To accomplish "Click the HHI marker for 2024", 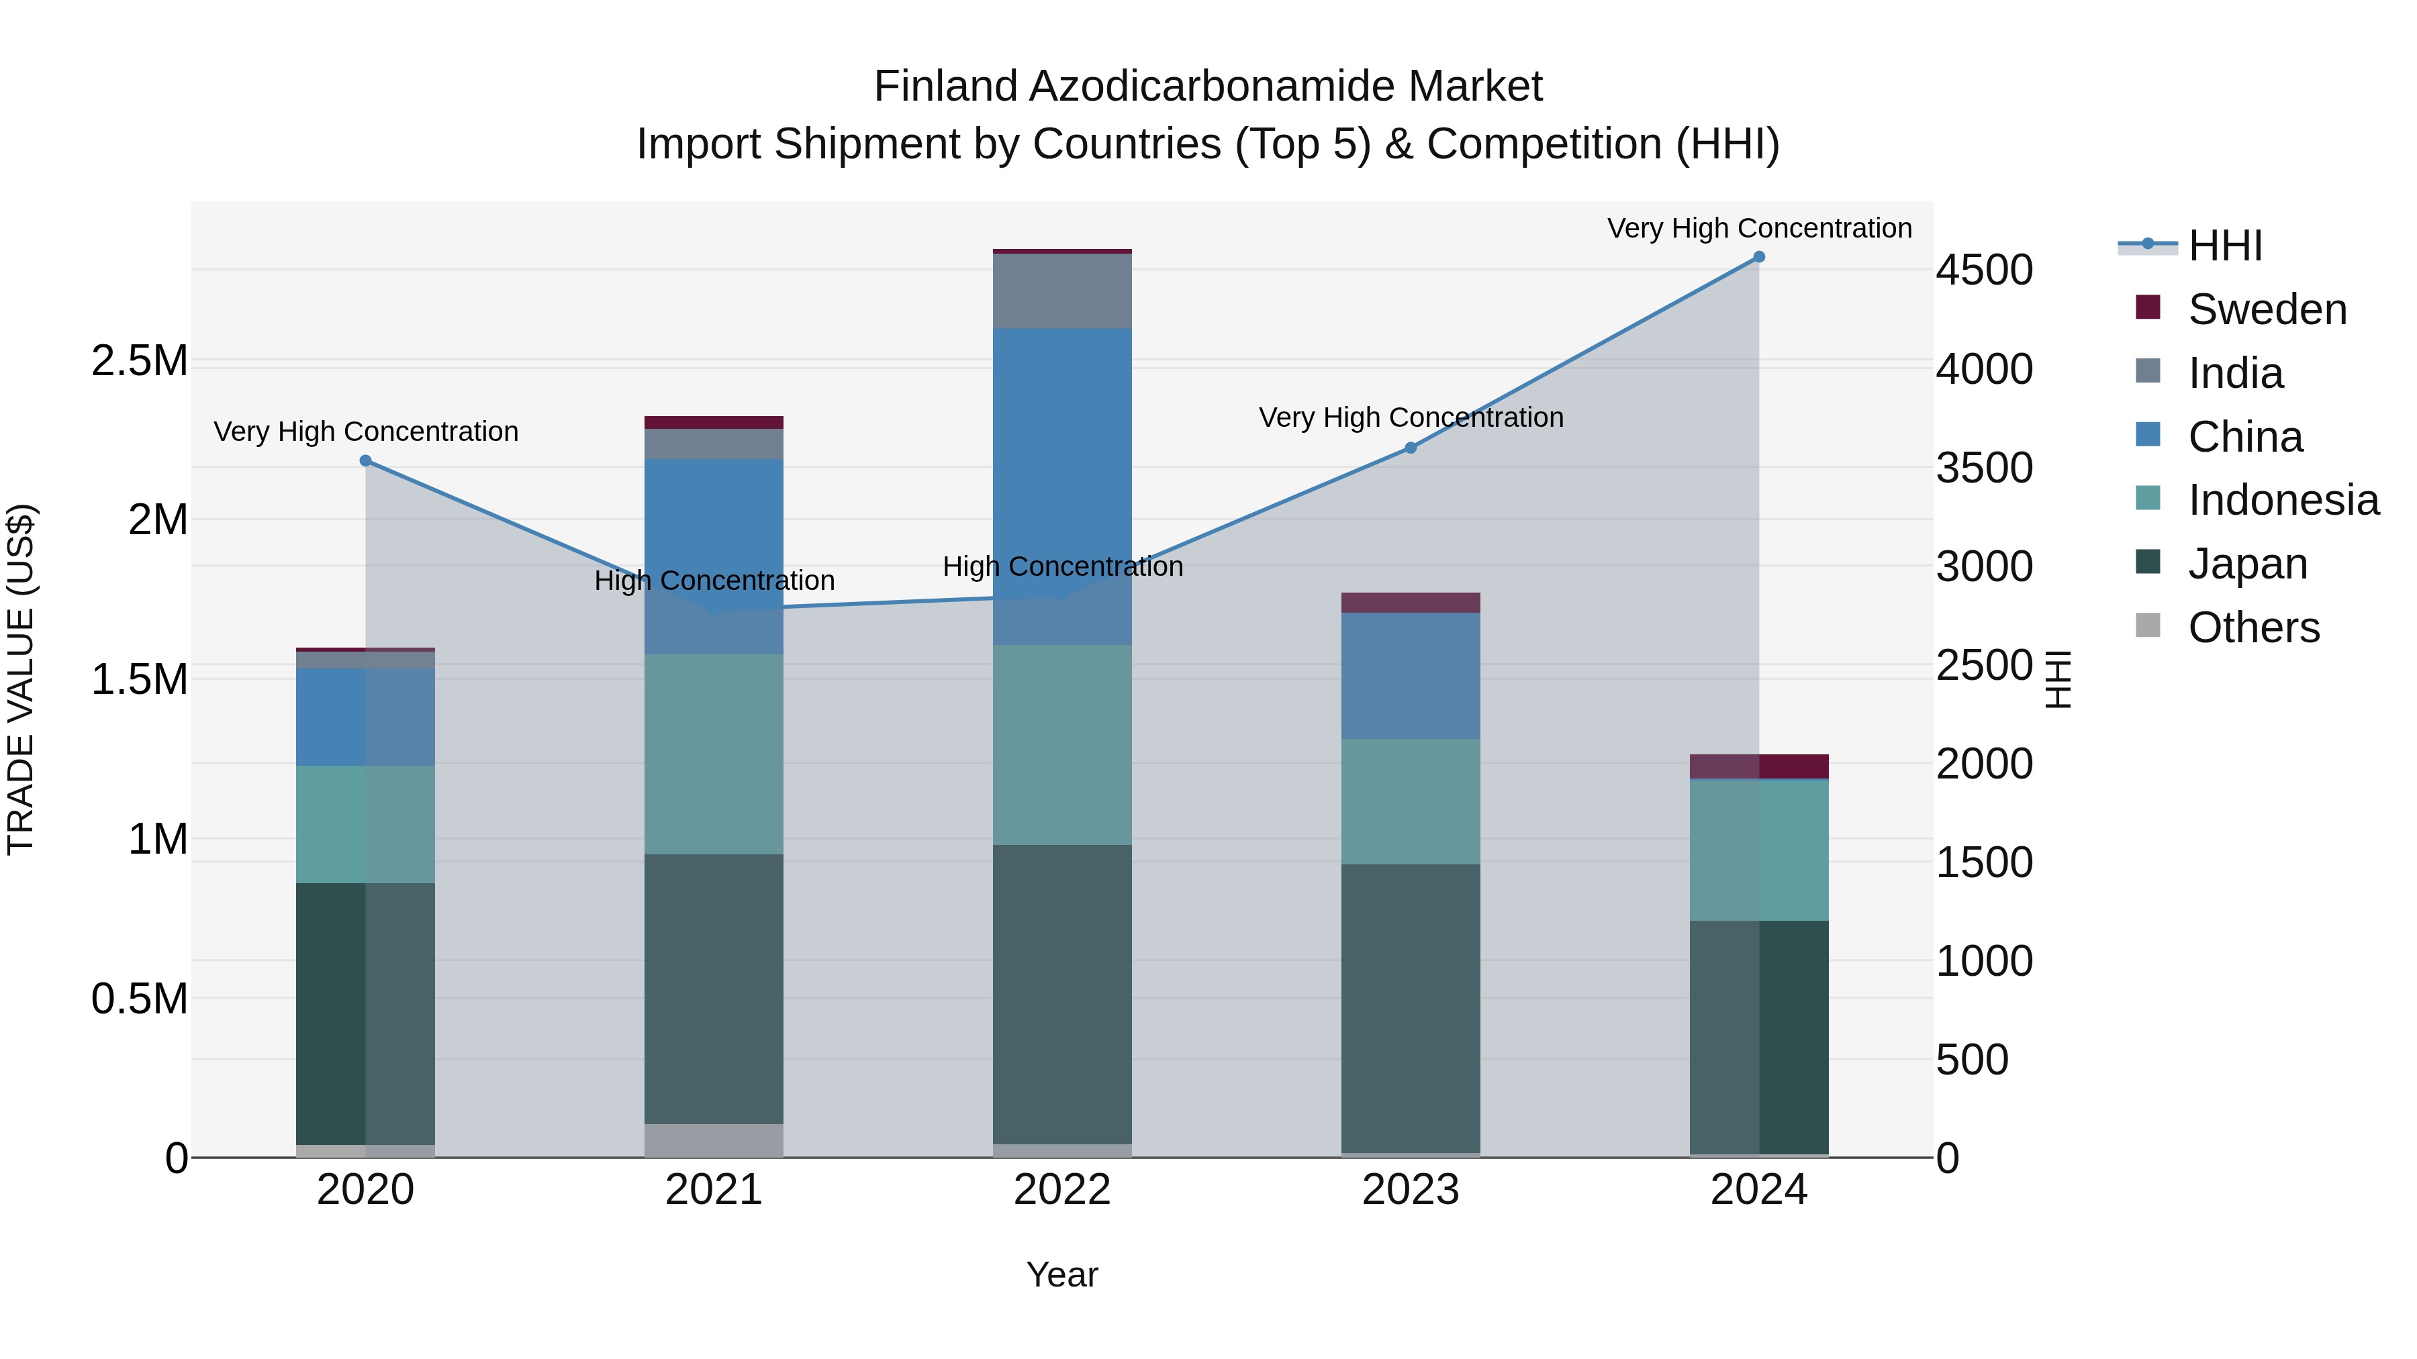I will (1758, 257).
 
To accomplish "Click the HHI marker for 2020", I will (366, 460).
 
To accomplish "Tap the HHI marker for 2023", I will (1410, 448).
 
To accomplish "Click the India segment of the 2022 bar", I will (1062, 291).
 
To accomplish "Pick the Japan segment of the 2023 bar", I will (1410, 1008).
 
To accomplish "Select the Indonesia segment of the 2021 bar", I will (714, 754).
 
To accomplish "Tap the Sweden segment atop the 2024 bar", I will (1758, 766).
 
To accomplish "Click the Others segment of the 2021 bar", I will (714, 1140).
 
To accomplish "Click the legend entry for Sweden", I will (2266, 309).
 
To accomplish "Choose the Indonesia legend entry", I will (2282, 500).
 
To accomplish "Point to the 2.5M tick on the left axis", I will (139, 361).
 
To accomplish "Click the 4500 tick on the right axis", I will (1983, 270).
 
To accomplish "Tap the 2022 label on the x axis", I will (1062, 1190).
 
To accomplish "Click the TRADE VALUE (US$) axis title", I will (21, 679).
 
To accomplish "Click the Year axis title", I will (1062, 1274).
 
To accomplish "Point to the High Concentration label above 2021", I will (714, 581).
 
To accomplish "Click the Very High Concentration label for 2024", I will (1758, 228).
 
